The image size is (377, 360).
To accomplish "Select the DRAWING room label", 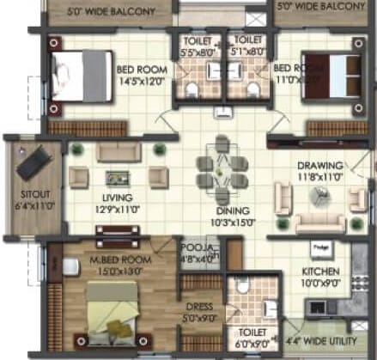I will [319, 166].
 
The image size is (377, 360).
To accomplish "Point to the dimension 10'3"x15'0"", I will [233, 222].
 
